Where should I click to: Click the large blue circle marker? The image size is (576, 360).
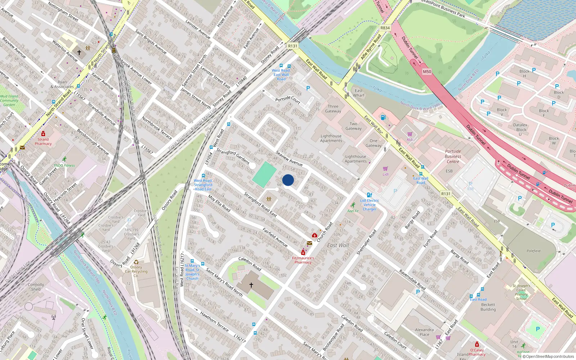point(288,180)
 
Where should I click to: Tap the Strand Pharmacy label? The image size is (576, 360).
point(43,141)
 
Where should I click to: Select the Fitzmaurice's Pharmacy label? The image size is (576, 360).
point(303,260)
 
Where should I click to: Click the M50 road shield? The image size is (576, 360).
point(427,72)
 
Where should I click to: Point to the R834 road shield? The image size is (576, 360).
point(385,28)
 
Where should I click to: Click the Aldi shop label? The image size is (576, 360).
point(410,139)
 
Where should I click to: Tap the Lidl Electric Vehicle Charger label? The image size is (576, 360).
point(369,205)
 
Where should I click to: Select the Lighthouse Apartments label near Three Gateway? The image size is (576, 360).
point(331,138)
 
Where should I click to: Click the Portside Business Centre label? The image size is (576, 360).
point(453,156)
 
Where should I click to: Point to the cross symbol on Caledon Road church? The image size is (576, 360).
point(251,285)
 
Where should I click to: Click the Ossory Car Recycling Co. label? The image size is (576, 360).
point(136,271)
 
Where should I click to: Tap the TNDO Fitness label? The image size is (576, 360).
point(64,166)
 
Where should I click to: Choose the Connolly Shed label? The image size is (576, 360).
point(36,287)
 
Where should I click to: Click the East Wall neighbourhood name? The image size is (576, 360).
point(338,245)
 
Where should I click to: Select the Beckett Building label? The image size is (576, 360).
point(488,307)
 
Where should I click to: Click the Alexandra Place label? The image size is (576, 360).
point(424,332)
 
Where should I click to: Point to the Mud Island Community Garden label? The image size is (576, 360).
point(9,100)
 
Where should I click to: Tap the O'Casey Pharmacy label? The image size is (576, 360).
point(477,352)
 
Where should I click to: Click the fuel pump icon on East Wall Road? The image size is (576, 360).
point(383,117)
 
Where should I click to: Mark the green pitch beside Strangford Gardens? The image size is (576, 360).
point(264,174)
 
